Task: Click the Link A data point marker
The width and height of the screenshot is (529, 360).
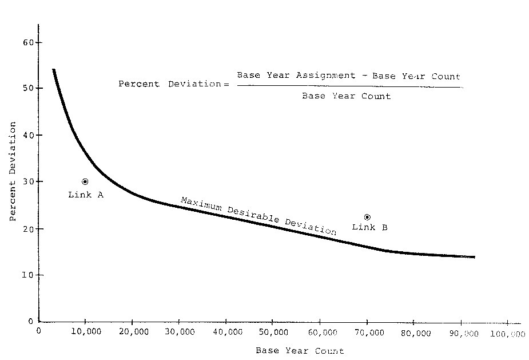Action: (x=85, y=181)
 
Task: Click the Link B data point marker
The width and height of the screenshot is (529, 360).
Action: (x=367, y=217)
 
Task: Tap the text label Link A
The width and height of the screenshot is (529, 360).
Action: (x=86, y=195)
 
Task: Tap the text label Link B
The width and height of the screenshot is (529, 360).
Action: (x=369, y=227)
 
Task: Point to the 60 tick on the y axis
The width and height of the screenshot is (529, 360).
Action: (x=38, y=42)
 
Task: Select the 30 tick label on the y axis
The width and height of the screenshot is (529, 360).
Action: (x=29, y=181)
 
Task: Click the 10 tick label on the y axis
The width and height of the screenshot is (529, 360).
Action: (x=29, y=275)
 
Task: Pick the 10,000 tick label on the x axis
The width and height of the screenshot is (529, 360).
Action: (x=85, y=332)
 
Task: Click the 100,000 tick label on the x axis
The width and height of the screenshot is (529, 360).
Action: (x=507, y=334)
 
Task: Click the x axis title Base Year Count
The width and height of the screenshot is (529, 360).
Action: (x=300, y=350)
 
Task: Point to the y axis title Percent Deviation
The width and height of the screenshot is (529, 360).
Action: (x=12, y=178)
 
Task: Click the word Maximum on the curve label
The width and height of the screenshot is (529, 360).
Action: (x=201, y=204)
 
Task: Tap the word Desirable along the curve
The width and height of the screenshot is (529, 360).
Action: (x=253, y=216)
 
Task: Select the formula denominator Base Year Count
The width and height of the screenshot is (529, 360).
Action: (x=346, y=96)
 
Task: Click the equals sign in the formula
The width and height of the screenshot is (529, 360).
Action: (x=226, y=84)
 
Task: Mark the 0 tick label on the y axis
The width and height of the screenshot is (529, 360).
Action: (x=31, y=322)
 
